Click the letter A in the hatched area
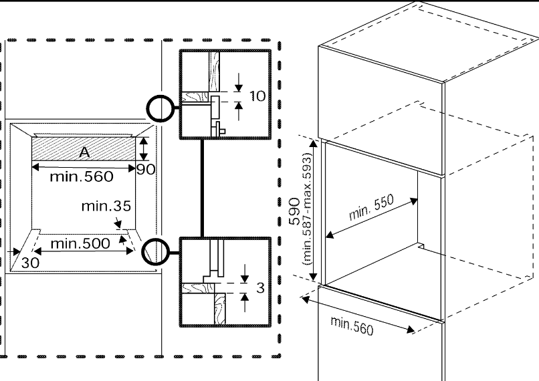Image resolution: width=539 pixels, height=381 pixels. click(x=84, y=152)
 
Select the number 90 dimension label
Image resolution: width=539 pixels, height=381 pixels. click(x=146, y=168)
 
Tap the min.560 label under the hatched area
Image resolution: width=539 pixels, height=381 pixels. click(x=82, y=178)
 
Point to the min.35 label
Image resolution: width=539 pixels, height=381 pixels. click(x=106, y=206)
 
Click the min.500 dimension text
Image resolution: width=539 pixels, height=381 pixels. click(x=80, y=243)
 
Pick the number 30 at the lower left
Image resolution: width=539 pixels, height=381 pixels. click(x=29, y=263)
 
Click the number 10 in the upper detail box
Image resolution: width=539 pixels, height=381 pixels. click(x=257, y=96)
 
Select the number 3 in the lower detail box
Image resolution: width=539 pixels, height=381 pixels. click(x=261, y=288)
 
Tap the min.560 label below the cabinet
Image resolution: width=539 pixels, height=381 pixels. click(x=352, y=325)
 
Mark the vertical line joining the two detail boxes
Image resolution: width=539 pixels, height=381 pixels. click(x=203, y=188)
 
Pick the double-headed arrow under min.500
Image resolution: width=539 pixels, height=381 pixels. click(x=84, y=251)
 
